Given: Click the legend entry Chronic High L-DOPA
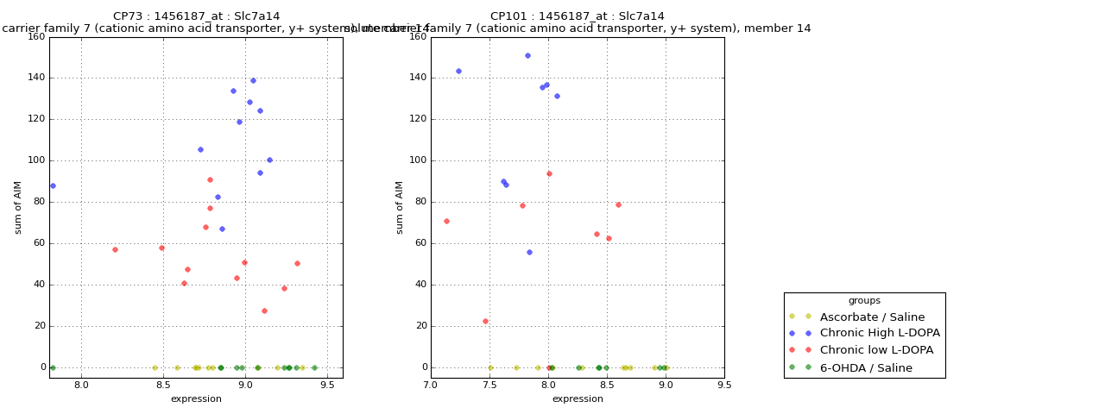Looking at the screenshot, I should [x=880, y=333].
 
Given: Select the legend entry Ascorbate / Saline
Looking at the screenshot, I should [x=872, y=317].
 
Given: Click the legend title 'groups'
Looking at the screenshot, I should [x=864, y=301].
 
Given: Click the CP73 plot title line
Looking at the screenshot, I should [x=196, y=16].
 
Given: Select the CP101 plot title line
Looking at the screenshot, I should [x=577, y=16].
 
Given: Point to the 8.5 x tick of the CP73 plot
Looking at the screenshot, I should [x=163, y=385].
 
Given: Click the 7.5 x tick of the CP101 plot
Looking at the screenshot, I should [x=489, y=385].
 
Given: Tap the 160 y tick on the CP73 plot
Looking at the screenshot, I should [x=35, y=36].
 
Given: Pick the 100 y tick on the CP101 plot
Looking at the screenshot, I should [x=417, y=160].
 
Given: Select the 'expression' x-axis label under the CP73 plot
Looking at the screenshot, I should [x=196, y=399].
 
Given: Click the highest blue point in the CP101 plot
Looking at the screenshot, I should [x=527, y=56].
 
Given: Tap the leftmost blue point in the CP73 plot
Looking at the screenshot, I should [x=53, y=185].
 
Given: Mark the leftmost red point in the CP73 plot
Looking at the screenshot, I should [x=115, y=250].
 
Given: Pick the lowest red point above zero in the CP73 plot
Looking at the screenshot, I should [x=264, y=310].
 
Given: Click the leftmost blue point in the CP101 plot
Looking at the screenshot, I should [x=458, y=72].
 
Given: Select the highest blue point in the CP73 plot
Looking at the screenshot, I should [x=253, y=81].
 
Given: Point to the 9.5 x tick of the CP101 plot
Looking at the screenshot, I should [x=723, y=385].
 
